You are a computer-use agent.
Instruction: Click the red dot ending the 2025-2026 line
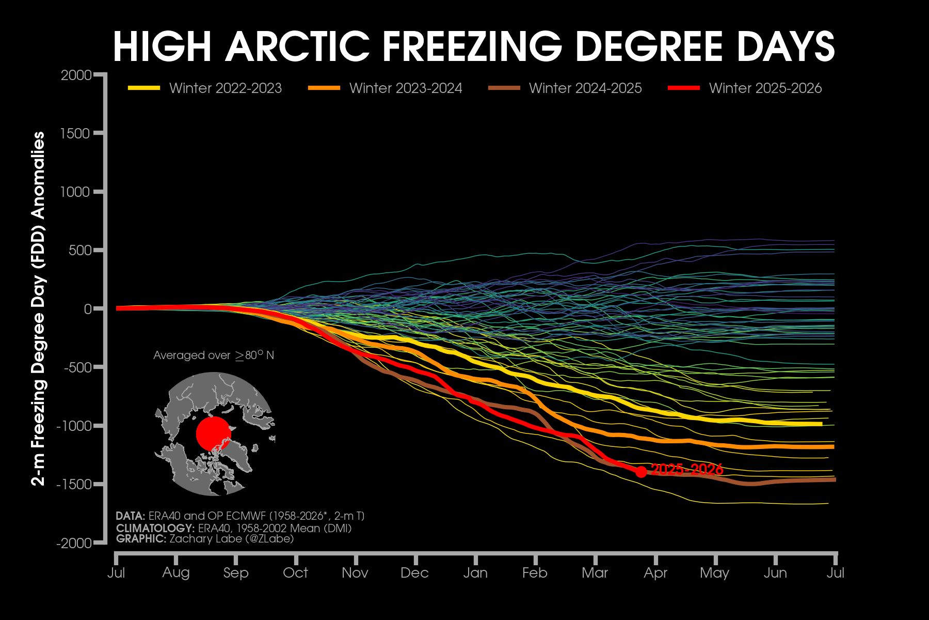[x=641, y=472]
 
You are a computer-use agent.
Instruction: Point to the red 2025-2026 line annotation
[x=687, y=470]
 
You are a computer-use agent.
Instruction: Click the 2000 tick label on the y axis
[x=76, y=75]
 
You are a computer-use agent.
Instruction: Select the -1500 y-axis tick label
[x=74, y=485]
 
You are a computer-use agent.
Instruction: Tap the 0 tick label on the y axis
[x=87, y=309]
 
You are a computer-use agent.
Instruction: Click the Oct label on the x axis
[x=295, y=573]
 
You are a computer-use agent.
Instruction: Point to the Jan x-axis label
[x=475, y=573]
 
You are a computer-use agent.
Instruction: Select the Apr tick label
[x=655, y=573]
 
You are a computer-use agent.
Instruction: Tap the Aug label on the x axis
[x=175, y=573]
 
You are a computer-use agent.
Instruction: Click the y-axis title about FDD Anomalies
[x=39, y=308]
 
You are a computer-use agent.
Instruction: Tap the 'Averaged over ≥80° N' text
[x=214, y=355]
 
